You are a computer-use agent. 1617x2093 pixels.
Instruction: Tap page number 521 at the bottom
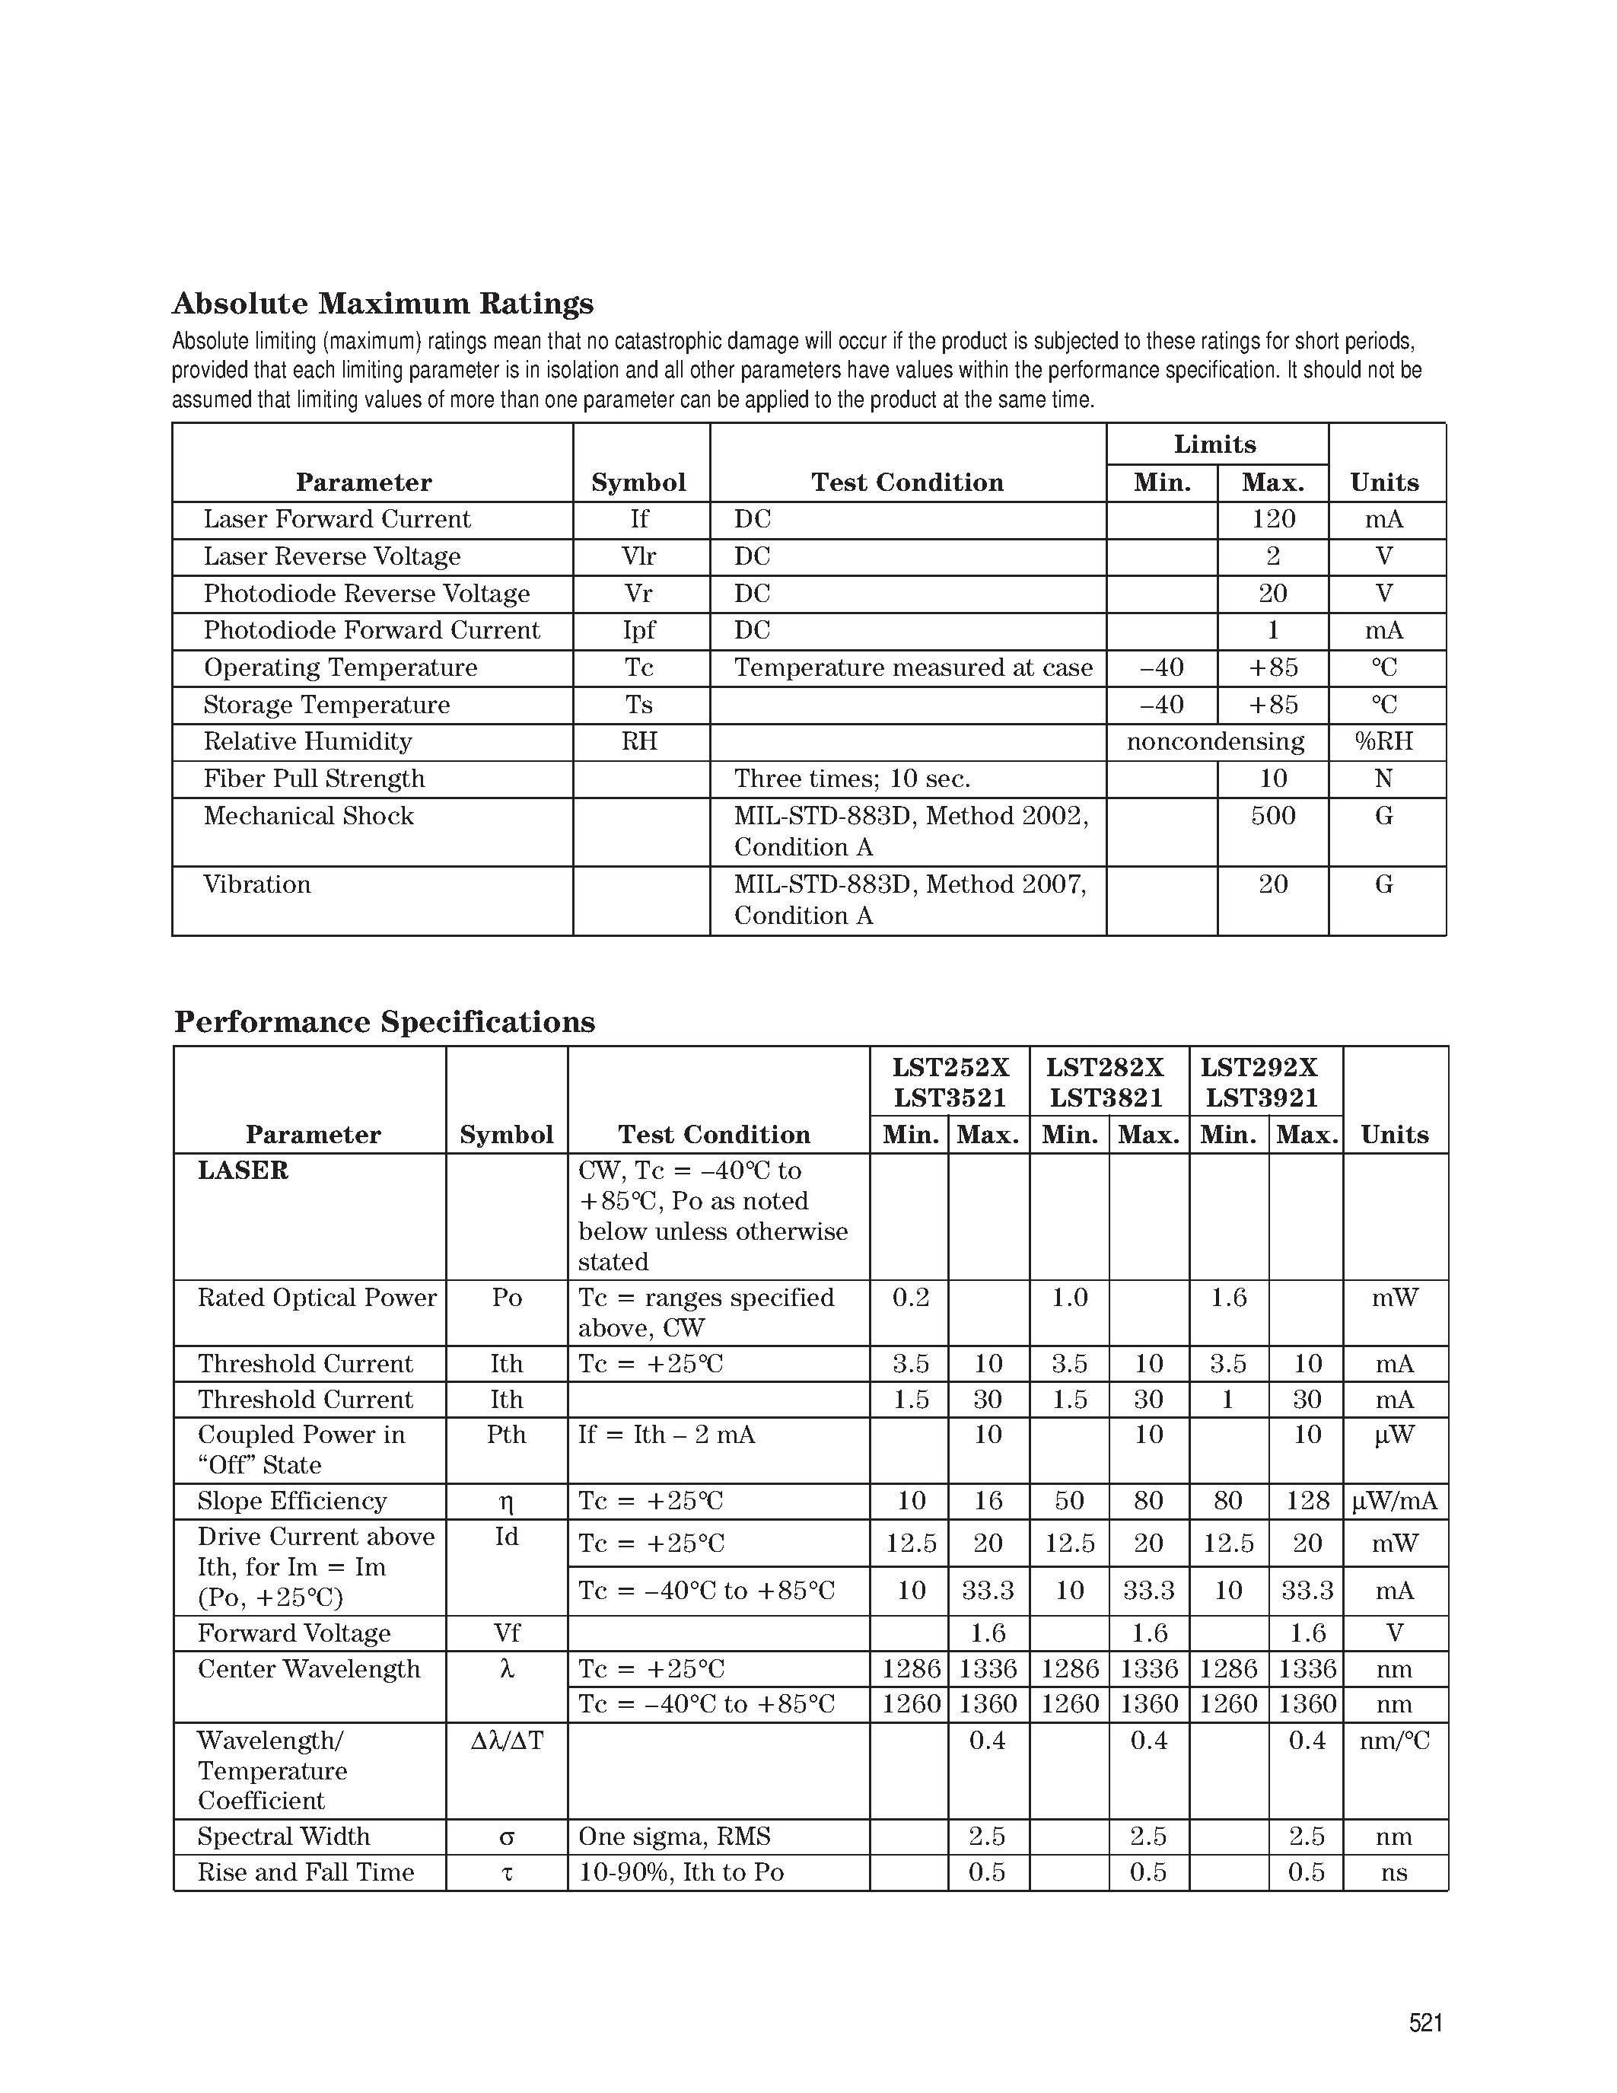pyautogui.click(x=1425, y=2022)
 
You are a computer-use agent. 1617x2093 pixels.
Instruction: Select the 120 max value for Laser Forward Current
pyautogui.click(x=1272, y=519)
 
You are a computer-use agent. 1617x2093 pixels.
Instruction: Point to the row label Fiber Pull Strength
pyautogui.click(x=314, y=779)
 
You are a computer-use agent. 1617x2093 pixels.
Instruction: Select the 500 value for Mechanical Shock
pyautogui.click(x=1272, y=817)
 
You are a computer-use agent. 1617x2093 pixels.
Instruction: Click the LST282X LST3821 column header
pyautogui.click(x=1106, y=1082)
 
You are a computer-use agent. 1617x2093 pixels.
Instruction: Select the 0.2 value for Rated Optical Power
pyautogui.click(x=910, y=1298)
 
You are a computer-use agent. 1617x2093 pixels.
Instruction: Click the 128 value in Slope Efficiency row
pyautogui.click(x=1307, y=1501)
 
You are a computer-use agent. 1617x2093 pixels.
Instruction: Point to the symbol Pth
pyautogui.click(x=506, y=1435)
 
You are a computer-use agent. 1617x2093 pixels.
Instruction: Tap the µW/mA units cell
pyautogui.click(x=1394, y=1501)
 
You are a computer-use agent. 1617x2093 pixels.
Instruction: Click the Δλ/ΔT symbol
pyautogui.click(x=507, y=1741)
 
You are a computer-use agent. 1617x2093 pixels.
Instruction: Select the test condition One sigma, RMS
pyautogui.click(x=674, y=1837)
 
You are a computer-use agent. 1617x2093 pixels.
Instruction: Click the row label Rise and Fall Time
pyautogui.click(x=306, y=1872)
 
